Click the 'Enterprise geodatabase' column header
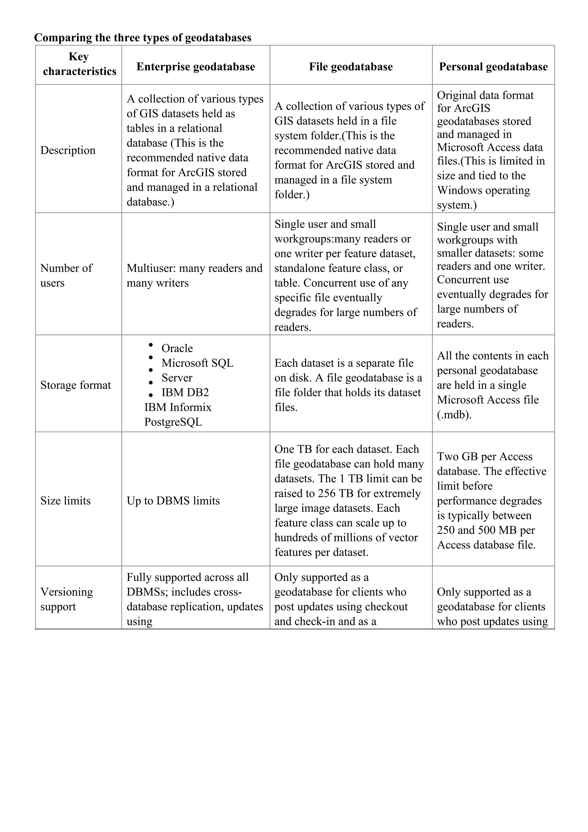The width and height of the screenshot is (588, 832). click(196, 67)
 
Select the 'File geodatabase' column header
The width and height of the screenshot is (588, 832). click(351, 67)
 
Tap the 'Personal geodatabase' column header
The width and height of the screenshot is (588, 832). click(493, 67)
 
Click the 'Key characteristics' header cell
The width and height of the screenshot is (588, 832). click(79, 64)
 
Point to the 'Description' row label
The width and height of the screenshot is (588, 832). click(68, 150)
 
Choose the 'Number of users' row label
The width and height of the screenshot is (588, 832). click(66, 275)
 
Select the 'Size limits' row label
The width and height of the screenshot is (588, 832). click(65, 500)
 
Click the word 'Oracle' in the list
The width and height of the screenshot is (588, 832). click(177, 348)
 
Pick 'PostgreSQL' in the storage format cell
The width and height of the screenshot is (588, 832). click(173, 422)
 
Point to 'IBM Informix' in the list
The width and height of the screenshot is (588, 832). click(177, 407)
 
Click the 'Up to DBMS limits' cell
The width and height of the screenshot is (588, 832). click(173, 500)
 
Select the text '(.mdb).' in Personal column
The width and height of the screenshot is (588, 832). click(454, 415)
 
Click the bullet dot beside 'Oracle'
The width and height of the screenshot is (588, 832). click(151, 345)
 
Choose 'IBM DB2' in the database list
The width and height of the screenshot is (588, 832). click(185, 392)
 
